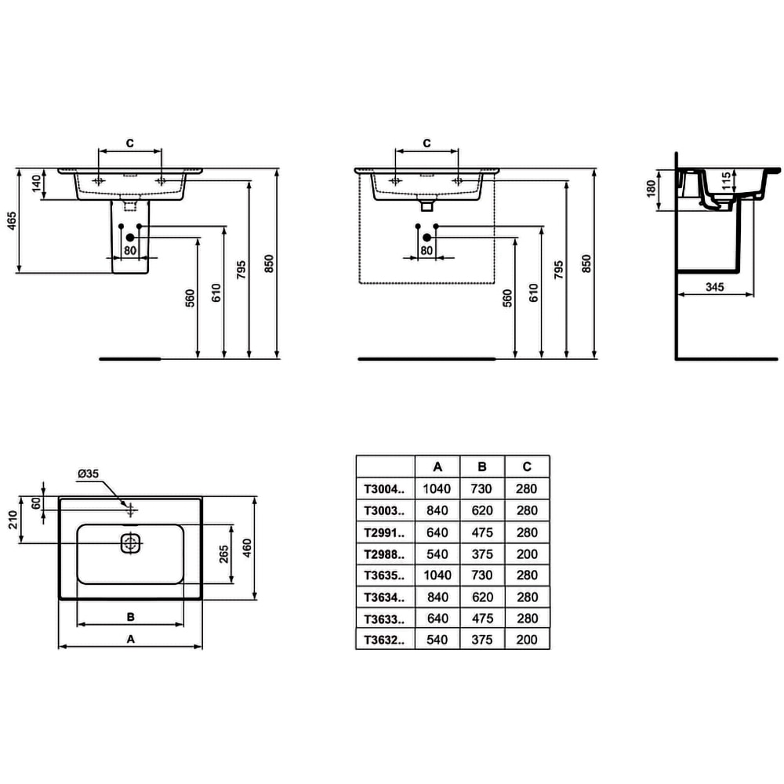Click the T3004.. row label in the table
(384, 488)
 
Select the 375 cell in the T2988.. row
(482, 554)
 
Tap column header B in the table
(482, 466)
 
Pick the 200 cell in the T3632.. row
(528, 640)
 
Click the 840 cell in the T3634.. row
(437, 597)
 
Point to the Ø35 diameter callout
(88, 474)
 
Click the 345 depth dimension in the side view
(714, 287)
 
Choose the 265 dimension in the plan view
(223, 554)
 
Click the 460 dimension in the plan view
(247, 547)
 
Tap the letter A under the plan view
(132, 639)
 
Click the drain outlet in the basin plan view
(131, 543)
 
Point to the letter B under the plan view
(131, 616)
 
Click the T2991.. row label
(384, 532)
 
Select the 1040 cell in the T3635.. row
(437, 575)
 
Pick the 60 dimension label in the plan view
(36, 503)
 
